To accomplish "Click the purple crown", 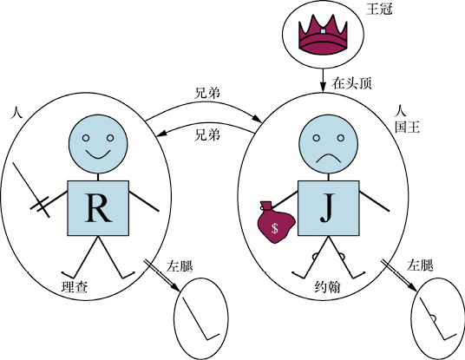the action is pyautogui.click(x=323, y=36).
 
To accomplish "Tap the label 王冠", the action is pyautogui.click(x=379, y=9).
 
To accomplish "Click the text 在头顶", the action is pyautogui.click(x=351, y=83).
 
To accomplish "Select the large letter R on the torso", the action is pyautogui.click(x=98, y=207).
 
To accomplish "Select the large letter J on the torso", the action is pyautogui.click(x=327, y=207).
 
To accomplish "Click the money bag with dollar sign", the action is pyautogui.click(x=275, y=222).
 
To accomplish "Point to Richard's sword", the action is pyautogui.click(x=31, y=190).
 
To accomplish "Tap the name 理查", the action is pyautogui.click(x=75, y=287).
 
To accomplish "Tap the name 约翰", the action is pyautogui.click(x=328, y=287).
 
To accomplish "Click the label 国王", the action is pyautogui.click(x=408, y=128).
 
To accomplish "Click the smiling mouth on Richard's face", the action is pyautogui.click(x=98, y=154).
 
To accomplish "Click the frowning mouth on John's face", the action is pyautogui.click(x=329, y=159).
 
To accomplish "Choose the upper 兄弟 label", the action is pyautogui.click(x=207, y=93).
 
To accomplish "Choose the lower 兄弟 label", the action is pyautogui.click(x=207, y=135).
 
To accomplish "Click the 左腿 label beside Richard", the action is pyautogui.click(x=180, y=266).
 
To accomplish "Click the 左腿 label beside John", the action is pyautogui.click(x=420, y=265).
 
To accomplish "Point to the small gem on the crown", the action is pyautogui.click(x=323, y=31).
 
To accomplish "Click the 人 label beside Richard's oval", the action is pyautogui.click(x=16, y=113).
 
